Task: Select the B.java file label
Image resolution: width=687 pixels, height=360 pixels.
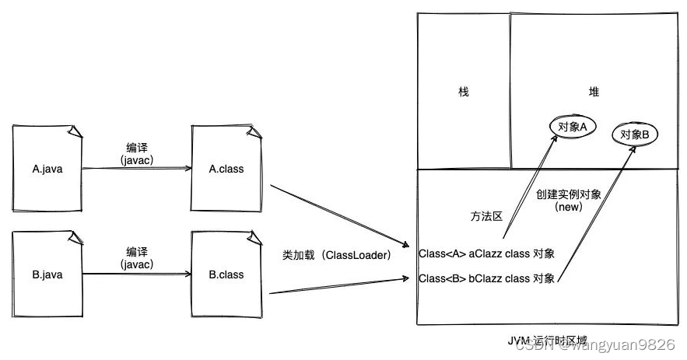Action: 47,274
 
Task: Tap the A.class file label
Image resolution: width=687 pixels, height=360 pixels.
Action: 226,169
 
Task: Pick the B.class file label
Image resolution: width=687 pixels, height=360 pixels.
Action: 226,274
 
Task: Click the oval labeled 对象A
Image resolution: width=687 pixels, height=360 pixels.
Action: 573,126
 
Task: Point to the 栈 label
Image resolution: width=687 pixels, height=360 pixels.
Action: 464,92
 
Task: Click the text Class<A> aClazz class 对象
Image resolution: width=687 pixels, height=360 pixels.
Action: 486,253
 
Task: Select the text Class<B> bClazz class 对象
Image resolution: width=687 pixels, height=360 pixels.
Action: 486,278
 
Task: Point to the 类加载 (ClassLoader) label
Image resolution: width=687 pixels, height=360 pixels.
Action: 336,254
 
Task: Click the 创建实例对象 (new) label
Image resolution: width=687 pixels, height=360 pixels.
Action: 568,201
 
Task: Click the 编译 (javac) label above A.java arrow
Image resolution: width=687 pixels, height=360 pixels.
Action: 137,153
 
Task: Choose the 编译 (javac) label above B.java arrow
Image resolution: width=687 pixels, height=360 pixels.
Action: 137,258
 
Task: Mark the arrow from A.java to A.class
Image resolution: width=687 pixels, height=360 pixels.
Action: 137,168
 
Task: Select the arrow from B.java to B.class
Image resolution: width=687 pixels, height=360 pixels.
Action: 137,274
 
